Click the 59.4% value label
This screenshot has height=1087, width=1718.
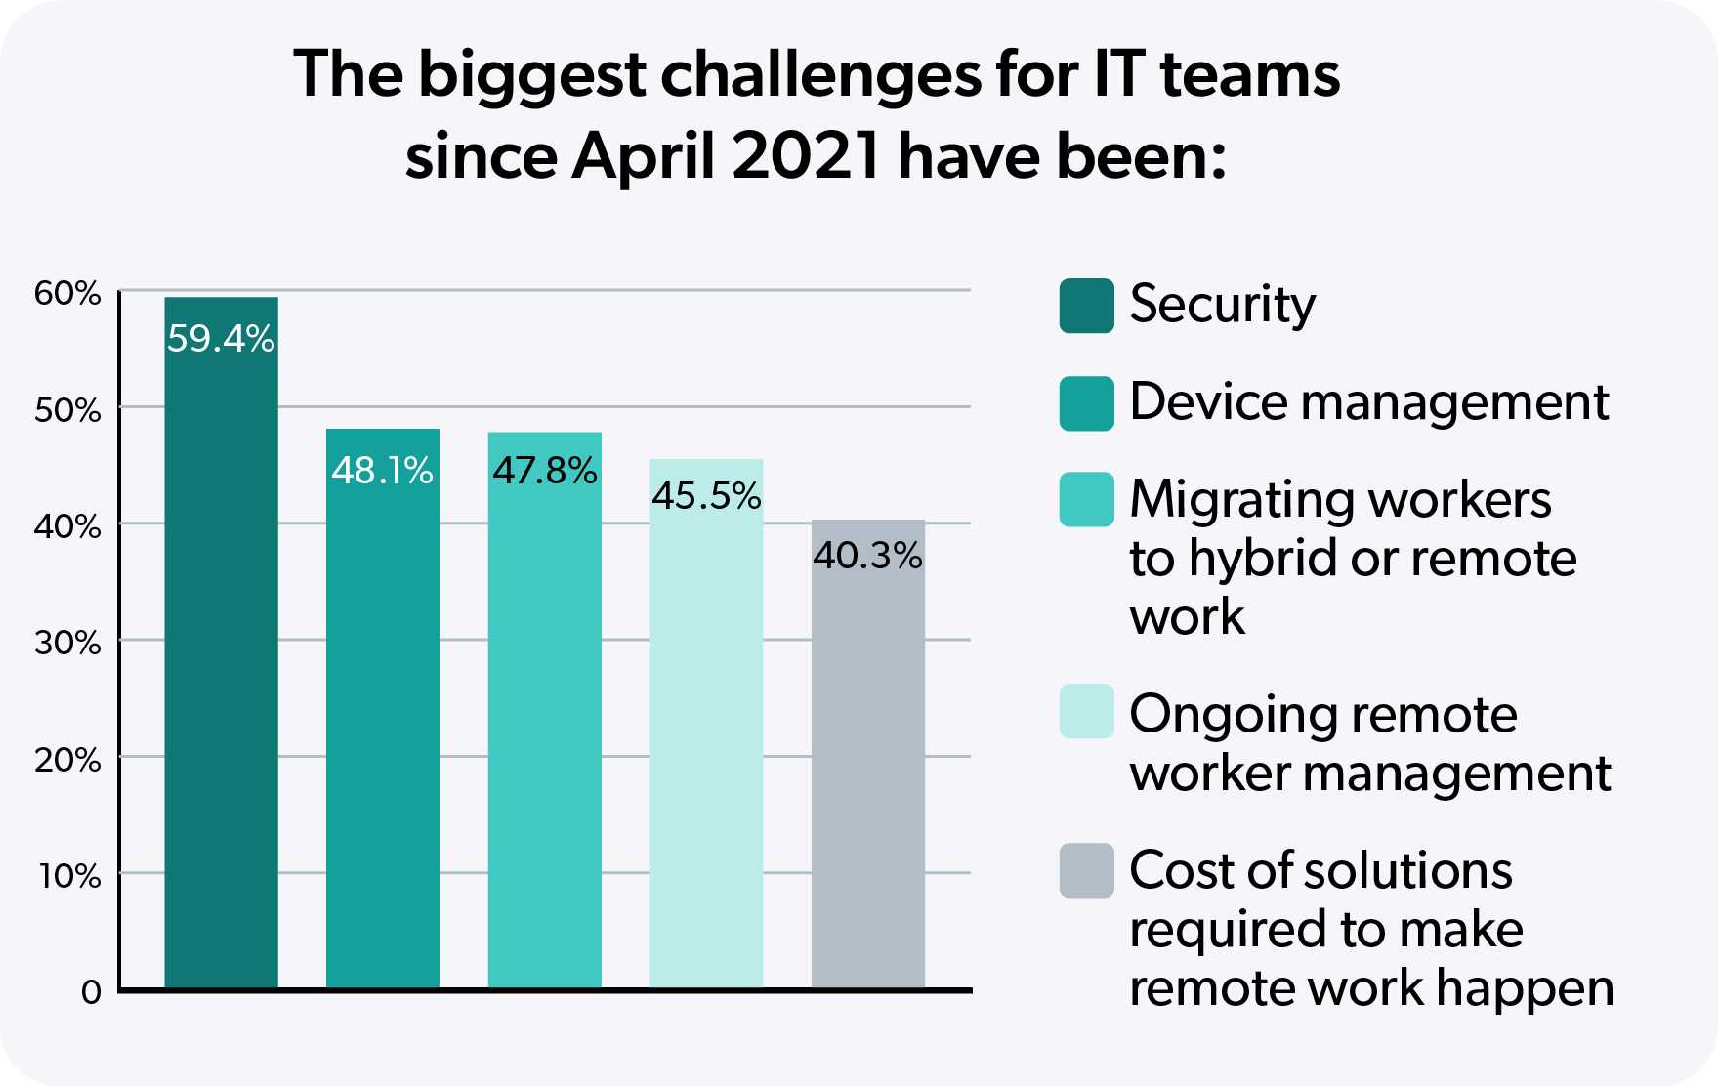pyautogui.click(x=221, y=339)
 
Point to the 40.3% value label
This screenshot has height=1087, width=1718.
pyautogui.click(x=867, y=556)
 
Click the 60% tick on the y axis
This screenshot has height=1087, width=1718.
pyautogui.click(x=67, y=293)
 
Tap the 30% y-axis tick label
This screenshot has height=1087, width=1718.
pyautogui.click(x=67, y=643)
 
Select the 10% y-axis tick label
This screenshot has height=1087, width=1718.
pyautogui.click(x=69, y=876)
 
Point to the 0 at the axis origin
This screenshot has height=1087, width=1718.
pyautogui.click(x=91, y=992)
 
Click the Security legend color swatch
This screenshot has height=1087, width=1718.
pyautogui.click(x=1086, y=306)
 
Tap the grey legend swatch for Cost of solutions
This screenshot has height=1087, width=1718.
pyautogui.click(x=1086, y=870)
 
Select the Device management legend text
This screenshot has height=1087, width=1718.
pyautogui.click(x=1368, y=402)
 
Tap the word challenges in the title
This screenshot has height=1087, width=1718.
pyautogui.click(x=820, y=76)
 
